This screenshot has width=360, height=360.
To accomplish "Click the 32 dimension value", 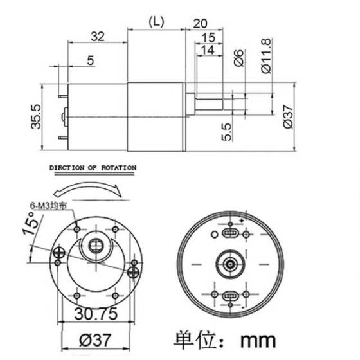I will pos(98,37).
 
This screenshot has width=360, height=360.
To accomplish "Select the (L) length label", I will pos(156,21).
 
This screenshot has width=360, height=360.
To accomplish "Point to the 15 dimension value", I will pos(208,38).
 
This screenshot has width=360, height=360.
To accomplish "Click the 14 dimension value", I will pos(207,50).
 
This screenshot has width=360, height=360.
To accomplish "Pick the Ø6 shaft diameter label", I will pos(237,58).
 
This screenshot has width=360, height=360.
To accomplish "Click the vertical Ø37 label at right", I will pos(289,116).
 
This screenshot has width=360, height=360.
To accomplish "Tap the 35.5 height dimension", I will pos(37,116).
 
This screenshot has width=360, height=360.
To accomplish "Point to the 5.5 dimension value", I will pos(227,132).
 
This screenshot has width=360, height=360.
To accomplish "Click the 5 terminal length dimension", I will pos(89,61).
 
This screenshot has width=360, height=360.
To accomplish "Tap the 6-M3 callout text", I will pos(50,206).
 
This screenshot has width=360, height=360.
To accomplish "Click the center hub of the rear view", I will pos(230,262).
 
